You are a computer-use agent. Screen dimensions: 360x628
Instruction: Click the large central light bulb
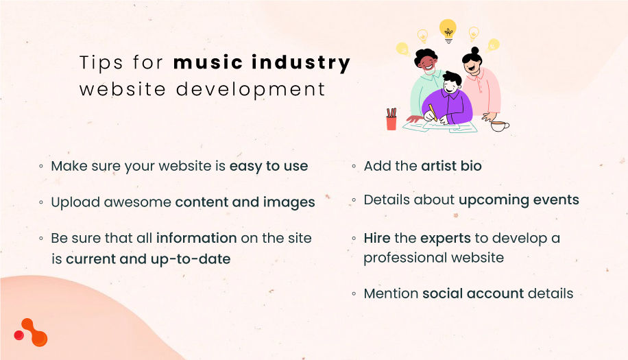(448, 29)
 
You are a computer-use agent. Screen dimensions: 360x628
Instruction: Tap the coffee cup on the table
(498, 125)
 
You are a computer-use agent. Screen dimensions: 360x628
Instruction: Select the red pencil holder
(391, 122)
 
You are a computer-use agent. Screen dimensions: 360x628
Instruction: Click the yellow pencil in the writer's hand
(433, 112)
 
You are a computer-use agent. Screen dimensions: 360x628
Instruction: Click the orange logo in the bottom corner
(32, 333)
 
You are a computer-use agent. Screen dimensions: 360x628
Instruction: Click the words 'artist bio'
(451, 166)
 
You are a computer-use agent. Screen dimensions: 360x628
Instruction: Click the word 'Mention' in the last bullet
(391, 293)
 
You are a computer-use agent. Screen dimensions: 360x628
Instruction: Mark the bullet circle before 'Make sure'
(41, 167)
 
